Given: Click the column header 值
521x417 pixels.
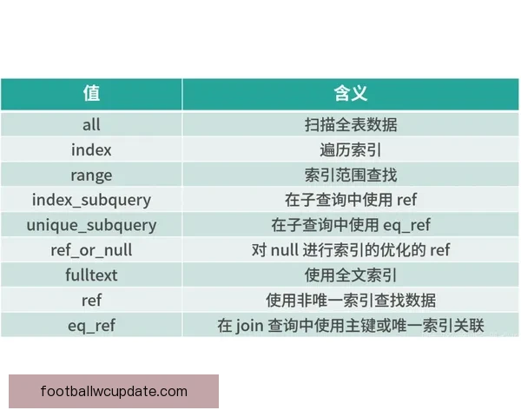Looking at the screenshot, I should [91, 94].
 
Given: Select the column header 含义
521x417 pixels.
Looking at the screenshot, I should [351, 94].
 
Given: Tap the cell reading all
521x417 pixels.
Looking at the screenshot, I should [91, 124].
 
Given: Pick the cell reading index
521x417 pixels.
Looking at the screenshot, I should [91, 149].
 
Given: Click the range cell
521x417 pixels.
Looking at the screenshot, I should [91, 175].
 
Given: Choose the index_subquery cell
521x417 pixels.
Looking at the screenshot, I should [91, 200].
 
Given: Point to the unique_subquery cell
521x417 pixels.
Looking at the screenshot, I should [91, 225].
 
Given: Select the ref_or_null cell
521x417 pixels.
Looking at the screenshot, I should [91, 250].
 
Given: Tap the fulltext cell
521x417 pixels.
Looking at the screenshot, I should [91, 275].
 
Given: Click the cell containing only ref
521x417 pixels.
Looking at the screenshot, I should [91, 301].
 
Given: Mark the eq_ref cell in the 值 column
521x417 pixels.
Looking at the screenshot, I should [91, 326].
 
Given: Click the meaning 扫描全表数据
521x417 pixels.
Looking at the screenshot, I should [351, 124].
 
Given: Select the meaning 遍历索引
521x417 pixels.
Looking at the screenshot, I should [351, 149].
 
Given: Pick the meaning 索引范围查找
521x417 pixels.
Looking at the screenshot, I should [351, 175].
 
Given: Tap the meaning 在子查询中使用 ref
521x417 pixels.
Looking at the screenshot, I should [351, 200].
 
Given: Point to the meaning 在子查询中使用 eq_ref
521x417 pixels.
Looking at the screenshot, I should [351, 225].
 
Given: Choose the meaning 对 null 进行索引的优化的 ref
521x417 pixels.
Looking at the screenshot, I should [351, 250].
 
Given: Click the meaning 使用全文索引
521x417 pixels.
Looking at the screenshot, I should [351, 275].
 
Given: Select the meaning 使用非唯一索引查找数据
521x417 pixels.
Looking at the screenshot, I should [351, 301].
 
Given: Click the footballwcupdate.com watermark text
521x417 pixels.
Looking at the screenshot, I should [114, 391].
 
